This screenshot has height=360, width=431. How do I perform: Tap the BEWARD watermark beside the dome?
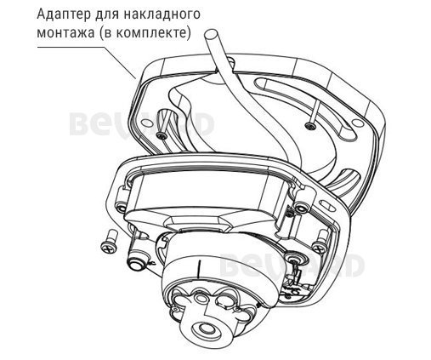tap(289, 269)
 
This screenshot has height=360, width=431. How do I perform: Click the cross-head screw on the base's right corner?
tap(295, 257)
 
